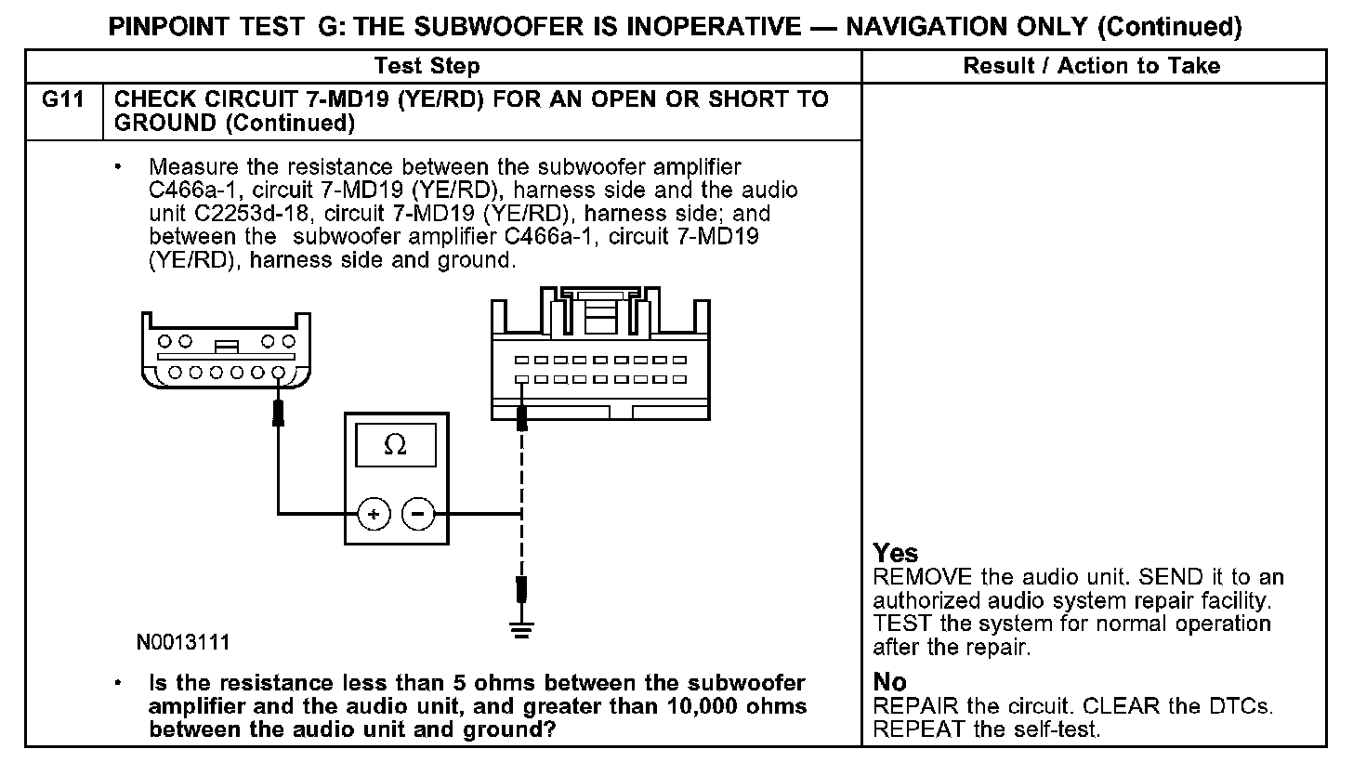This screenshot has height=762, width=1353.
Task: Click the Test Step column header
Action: tap(427, 65)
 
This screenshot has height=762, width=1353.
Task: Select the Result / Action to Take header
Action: tap(1092, 65)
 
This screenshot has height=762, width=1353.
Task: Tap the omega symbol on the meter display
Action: tap(395, 446)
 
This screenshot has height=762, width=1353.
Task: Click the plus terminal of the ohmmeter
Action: tap(374, 513)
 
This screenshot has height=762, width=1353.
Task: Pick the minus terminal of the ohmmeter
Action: tap(419, 513)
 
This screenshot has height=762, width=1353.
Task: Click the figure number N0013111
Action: tap(183, 642)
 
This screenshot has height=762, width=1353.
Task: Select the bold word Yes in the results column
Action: tap(896, 554)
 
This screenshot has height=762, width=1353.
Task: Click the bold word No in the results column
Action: tap(890, 683)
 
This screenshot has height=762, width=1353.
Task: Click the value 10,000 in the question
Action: tap(702, 706)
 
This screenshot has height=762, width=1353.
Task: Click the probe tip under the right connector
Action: tap(522, 417)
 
